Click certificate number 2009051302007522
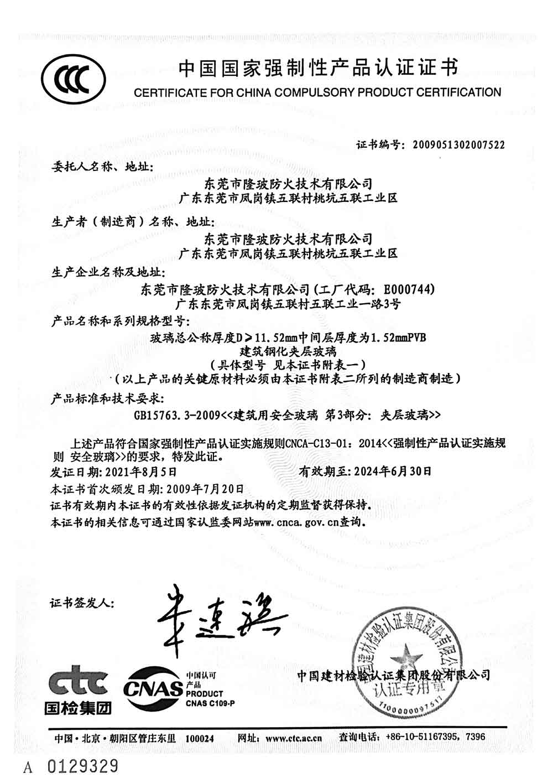456,145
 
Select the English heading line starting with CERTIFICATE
317,92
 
